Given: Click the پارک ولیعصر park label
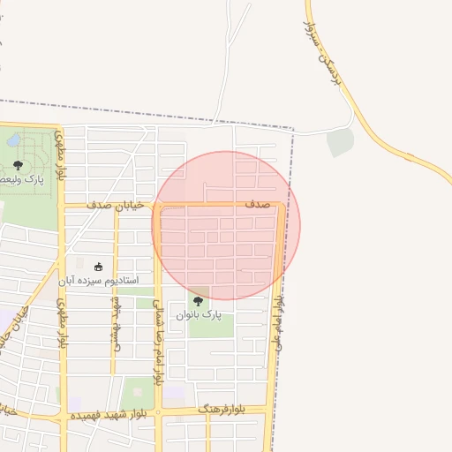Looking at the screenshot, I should coord(26,179).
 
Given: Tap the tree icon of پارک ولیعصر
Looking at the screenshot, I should coord(18,165).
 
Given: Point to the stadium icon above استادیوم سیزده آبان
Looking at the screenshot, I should coord(98,267).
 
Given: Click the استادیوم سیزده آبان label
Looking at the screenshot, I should coord(99,281).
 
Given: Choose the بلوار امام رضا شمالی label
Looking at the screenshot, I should coord(158,340).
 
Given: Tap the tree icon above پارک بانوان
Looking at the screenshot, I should coord(197,301).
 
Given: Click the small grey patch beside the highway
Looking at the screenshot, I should coord(340,142).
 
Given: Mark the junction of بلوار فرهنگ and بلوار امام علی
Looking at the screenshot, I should coord(269,409).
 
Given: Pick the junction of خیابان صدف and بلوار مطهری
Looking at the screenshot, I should coord(62,205).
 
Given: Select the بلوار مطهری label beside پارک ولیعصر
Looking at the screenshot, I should coord(61,155).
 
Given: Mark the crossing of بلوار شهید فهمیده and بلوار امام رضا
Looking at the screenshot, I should coord(157,412).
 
